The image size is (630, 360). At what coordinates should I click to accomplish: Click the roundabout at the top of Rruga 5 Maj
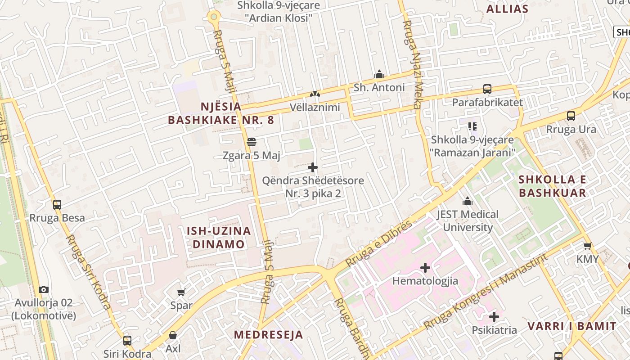click(x=213, y=17)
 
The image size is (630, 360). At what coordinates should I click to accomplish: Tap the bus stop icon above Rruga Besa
click(x=57, y=205)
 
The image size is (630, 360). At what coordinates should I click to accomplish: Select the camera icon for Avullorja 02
click(x=43, y=289)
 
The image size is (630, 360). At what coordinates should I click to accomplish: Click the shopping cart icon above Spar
click(x=181, y=292)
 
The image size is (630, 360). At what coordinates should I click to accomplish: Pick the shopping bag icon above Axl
click(x=173, y=335)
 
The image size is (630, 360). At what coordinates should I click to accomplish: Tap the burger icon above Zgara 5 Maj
click(x=252, y=142)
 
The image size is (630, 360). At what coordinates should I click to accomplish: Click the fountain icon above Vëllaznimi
click(x=315, y=94)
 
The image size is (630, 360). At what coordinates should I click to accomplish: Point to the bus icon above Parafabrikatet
click(x=487, y=89)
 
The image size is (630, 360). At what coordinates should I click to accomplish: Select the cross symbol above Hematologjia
click(x=425, y=268)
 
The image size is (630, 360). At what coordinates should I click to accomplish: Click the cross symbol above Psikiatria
click(x=494, y=317)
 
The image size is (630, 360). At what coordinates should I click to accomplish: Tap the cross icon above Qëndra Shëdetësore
click(x=313, y=168)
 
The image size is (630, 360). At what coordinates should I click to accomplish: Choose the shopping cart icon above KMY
click(x=587, y=246)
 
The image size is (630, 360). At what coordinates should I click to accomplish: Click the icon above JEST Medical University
click(x=468, y=201)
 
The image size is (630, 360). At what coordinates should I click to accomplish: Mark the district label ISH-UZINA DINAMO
click(x=219, y=238)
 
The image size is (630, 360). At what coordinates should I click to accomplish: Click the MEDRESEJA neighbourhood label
click(x=269, y=335)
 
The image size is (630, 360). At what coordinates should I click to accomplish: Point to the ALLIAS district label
click(x=508, y=9)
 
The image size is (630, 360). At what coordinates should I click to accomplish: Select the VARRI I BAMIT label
click(x=572, y=326)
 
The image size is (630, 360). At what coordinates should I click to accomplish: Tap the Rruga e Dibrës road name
click(x=378, y=243)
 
